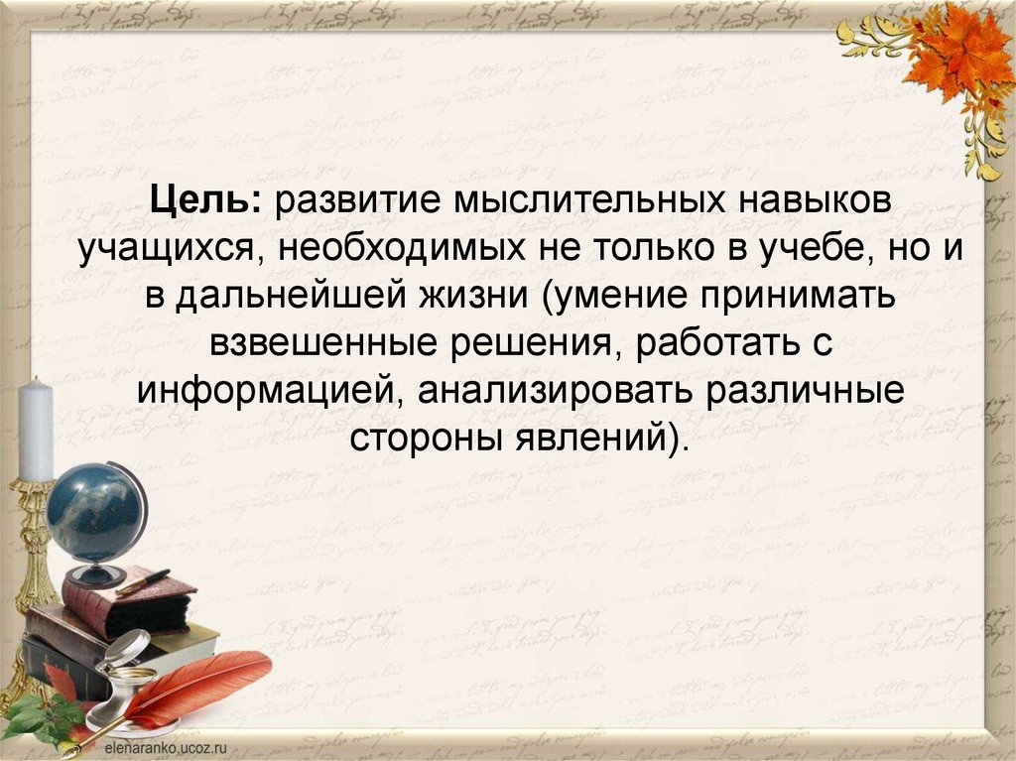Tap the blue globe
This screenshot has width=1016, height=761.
coord(94,511)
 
